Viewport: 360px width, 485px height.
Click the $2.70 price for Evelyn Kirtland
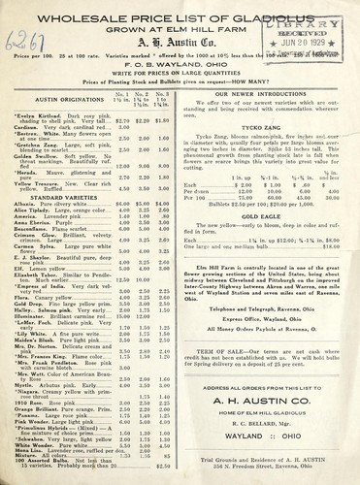149,121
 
